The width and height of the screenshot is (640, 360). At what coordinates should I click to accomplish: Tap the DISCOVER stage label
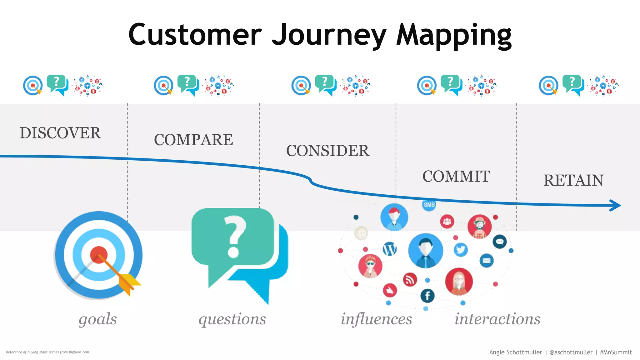60,133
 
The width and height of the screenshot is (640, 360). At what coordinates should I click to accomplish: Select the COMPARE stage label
193,140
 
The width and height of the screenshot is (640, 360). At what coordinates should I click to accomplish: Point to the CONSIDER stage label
328,151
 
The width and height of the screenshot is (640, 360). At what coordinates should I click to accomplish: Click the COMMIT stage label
456,177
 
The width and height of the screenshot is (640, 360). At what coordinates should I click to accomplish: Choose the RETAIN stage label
573,181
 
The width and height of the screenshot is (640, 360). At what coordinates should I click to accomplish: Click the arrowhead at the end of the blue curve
616,205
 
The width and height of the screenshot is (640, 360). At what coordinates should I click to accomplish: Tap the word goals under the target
97,319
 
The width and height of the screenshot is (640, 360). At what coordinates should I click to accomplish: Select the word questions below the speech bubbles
232,319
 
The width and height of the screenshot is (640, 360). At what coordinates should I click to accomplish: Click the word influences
376,319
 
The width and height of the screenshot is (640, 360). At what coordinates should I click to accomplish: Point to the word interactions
497,319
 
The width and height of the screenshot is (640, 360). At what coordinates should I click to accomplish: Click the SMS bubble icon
429,205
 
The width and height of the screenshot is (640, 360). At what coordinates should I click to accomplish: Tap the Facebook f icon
427,296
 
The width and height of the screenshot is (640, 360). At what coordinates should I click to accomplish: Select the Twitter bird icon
461,250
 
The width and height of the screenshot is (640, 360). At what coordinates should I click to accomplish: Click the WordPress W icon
390,249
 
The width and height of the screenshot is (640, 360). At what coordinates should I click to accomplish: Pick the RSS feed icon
410,279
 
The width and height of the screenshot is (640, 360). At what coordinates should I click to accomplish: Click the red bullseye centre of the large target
98,254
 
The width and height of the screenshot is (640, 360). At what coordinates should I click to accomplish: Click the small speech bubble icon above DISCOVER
57,85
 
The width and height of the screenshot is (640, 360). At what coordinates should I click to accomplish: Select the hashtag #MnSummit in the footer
616,352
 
